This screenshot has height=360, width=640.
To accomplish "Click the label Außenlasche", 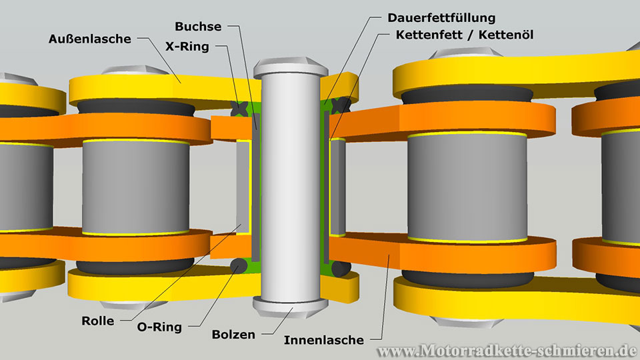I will click(x=90, y=39).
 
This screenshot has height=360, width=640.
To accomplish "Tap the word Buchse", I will click(x=199, y=27).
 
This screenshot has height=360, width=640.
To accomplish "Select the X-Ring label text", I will click(x=187, y=47).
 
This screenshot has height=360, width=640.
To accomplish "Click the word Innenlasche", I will click(x=324, y=340).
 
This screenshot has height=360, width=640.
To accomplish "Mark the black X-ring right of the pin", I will click(x=341, y=104).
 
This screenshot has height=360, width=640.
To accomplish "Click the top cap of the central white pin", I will click(x=291, y=67).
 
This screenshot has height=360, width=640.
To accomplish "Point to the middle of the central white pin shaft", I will click(x=291, y=187).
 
